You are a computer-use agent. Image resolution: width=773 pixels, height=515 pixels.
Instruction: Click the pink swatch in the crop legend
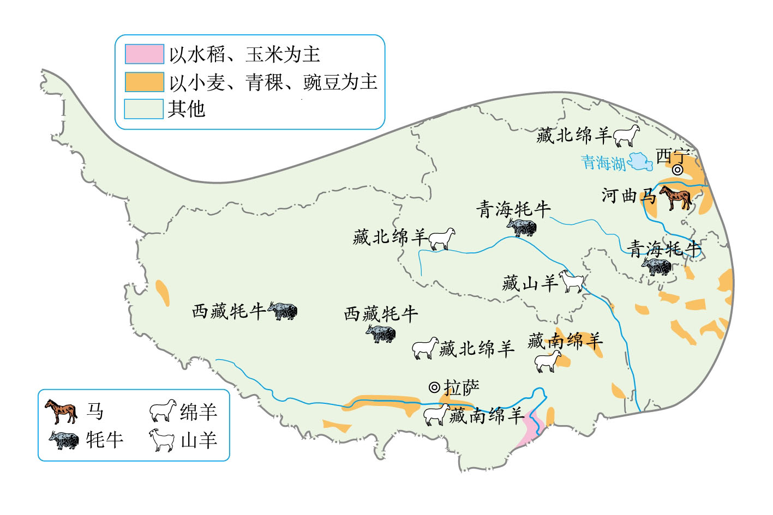point(144,54)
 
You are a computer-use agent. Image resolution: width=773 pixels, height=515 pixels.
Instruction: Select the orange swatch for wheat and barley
point(144,82)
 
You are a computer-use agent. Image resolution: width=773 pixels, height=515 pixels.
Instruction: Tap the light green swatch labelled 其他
point(144,109)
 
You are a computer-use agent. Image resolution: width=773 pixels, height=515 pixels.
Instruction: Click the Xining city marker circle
point(678,169)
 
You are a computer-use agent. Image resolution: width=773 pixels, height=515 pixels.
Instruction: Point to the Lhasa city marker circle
point(434,387)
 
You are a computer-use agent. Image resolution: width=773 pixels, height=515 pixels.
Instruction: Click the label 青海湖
point(603,162)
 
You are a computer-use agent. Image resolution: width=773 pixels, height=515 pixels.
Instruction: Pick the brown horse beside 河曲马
point(676,197)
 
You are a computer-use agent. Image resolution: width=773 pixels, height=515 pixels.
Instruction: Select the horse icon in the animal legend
point(61,411)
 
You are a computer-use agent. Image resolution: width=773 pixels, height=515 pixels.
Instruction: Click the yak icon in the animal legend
point(64,440)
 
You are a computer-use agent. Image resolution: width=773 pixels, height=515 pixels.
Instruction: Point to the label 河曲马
point(629,196)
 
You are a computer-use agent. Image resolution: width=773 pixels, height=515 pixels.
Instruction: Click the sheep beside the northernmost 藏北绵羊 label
point(626,136)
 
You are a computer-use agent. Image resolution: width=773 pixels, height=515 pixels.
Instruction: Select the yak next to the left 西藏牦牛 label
point(283,311)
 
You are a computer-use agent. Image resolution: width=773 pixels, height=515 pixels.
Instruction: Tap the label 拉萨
point(462,387)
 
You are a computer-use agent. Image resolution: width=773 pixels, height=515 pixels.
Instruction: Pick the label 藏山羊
point(530,283)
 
